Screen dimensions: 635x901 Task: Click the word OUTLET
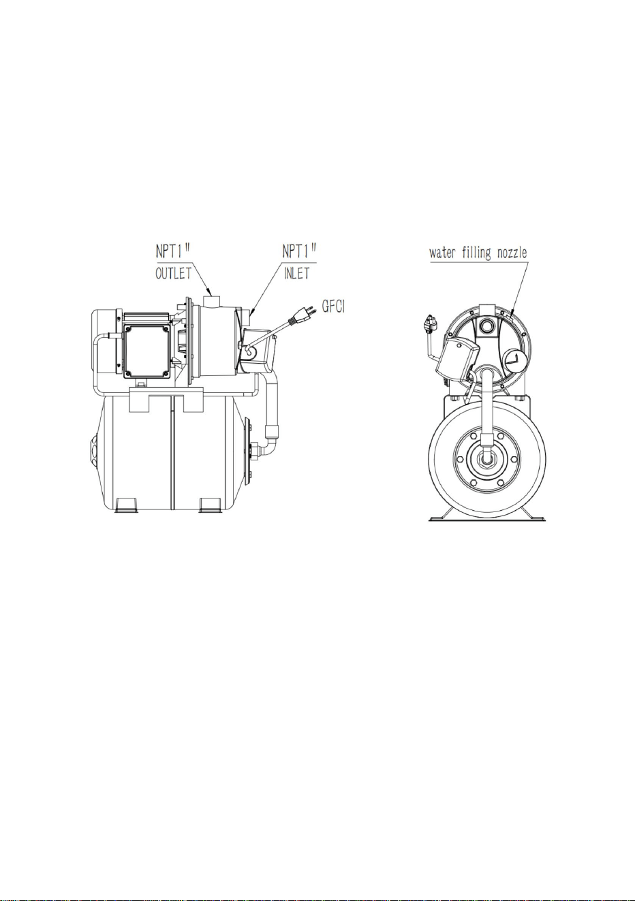[x=174, y=273]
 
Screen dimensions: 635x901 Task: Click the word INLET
[x=296, y=274]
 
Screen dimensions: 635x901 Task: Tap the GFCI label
[x=334, y=306]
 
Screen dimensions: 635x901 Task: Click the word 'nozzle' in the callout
[x=512, y=253]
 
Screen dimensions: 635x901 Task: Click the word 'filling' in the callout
[x=476, y=253]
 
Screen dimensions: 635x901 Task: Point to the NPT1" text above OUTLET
[x=173, y=251]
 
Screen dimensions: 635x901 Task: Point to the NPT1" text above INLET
[x=299, y=251]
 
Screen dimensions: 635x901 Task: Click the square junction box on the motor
[x=147, y=351]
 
